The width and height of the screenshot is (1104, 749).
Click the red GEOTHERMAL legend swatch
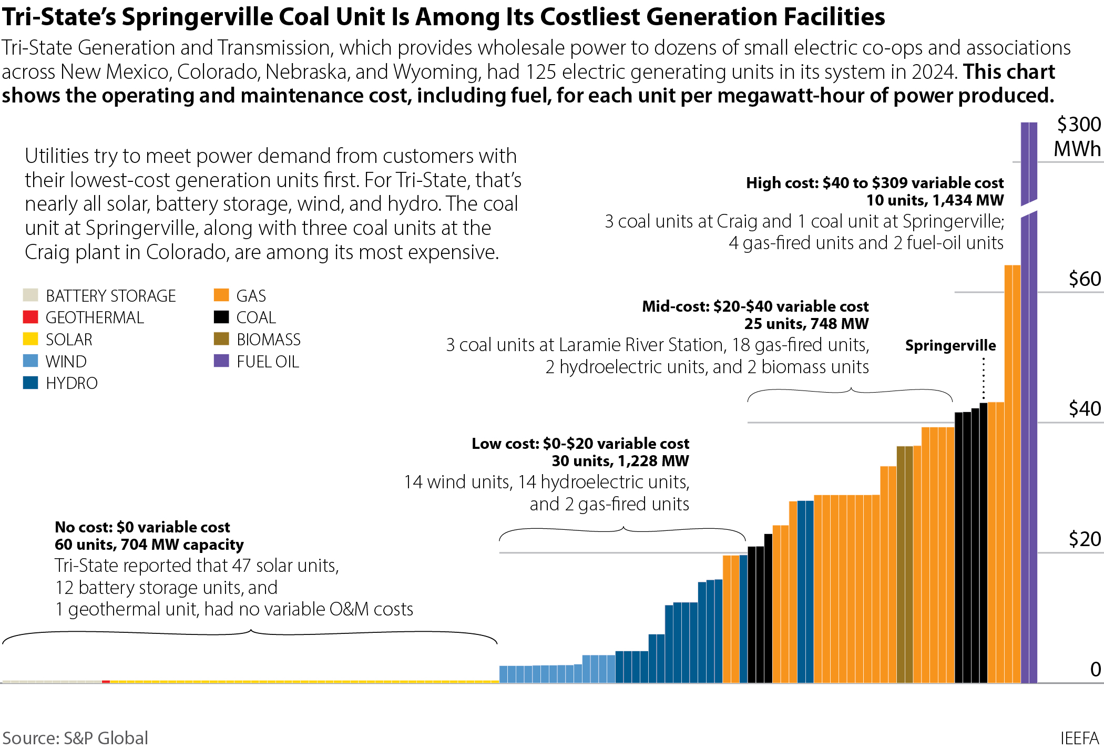tap(30, 317)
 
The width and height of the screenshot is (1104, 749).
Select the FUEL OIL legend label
tap(268, 362)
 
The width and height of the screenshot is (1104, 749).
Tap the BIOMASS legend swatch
tap(221, 339)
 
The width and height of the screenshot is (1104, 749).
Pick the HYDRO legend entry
tap(71, 383)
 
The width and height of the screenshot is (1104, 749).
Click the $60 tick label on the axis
tap(1085, 279)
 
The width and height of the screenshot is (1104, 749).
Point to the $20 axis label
tap(1085, 539)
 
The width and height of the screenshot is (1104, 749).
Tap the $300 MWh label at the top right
tap(1078, 137)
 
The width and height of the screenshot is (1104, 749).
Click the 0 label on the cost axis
tap(1096, 669)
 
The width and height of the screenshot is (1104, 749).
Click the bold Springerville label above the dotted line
tap(950, 345)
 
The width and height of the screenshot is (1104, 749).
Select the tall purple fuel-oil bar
tap(1029, 447)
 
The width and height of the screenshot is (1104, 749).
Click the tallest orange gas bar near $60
tap(1012, 473)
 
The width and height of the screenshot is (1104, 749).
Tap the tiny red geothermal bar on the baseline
tap(106, 681)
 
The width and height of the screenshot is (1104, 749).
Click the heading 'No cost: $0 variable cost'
tap(142, 527)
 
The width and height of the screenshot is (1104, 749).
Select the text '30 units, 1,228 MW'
tap(620, 461)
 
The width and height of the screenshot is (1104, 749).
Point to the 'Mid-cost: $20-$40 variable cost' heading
tap(755, 306)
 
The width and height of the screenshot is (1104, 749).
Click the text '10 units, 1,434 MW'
tap(935, 200)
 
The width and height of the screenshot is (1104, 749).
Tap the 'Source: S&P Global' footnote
tap(75, 737)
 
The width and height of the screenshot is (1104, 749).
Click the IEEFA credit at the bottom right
tap(1079, 737)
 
